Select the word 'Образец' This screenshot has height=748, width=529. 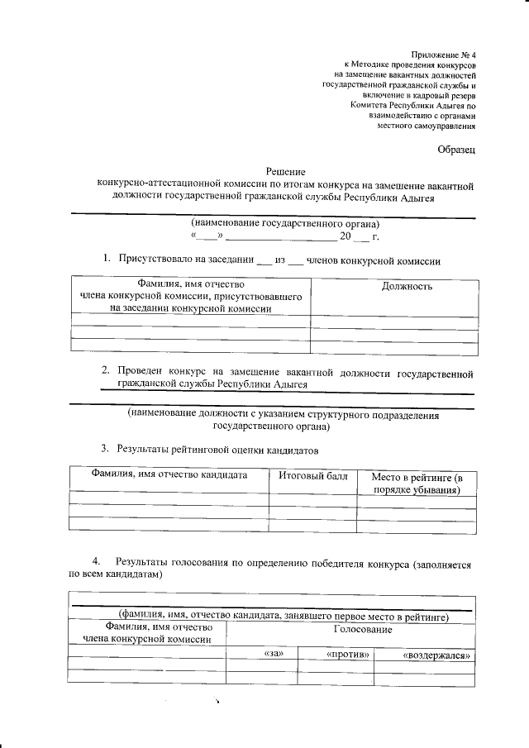[x=456, y=150]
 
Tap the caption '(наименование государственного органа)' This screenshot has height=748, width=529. [x=285, y=225]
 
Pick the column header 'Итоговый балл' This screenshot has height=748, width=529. [x=312, y=477]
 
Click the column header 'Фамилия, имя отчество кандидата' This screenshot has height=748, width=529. [x=169, y=477]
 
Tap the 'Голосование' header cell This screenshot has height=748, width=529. [x=362, y=630]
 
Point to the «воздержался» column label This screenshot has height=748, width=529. [x=436, y=655]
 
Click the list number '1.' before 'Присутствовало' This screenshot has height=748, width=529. [x=107, y=260]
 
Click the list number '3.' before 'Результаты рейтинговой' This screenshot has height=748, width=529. [x=105, y=450]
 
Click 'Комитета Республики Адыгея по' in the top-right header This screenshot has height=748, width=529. [x=412, y=106]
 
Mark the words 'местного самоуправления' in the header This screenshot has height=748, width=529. [x=427, y=126]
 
